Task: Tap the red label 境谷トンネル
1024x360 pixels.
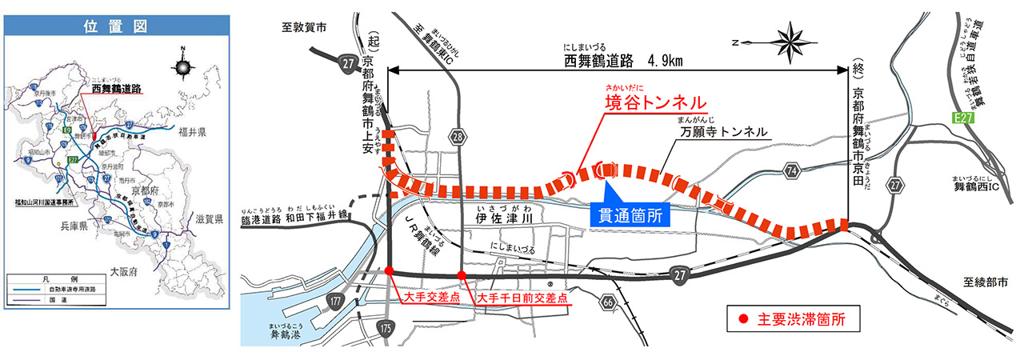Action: click(x=655, y=103)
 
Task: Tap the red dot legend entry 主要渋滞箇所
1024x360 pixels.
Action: click(x=801, y=318)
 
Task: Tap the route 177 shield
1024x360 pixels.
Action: click(x=335, y=301)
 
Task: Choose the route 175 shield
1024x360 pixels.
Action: click(x=388, y=327)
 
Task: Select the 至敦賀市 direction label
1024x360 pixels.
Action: click(x=305, y=26)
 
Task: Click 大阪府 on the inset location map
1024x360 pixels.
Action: click(x=121, y=272)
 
